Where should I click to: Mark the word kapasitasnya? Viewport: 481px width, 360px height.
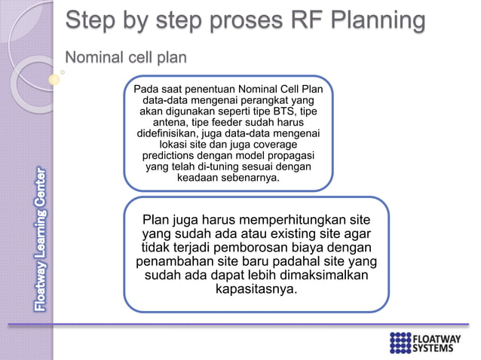point(256,290)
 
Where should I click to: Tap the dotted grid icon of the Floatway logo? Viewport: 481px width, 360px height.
point(400,342)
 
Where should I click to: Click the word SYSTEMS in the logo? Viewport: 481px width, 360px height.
point(437,347)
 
